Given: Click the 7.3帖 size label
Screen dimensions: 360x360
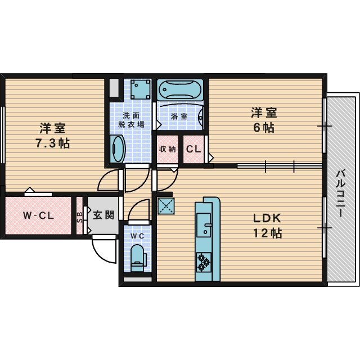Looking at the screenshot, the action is pos(52,143).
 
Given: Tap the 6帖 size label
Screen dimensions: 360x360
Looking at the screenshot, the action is pos(264,128).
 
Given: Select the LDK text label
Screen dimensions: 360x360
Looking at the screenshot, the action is pos(267,218).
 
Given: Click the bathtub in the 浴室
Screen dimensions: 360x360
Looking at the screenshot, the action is pos(180,90).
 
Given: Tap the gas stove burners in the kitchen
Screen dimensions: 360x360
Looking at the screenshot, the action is pos(204,262).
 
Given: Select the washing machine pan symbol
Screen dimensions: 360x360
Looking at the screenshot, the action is pos(140,89).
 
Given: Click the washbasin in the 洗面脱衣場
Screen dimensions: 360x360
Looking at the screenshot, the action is pos(118,149).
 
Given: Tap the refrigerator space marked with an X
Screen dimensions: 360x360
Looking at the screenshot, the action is pos(166,206).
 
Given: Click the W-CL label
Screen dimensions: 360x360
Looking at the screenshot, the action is pos(38,215).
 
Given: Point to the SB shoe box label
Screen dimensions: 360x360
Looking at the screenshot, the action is pos(79,217).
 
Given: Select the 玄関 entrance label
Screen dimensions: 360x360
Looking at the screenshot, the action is pos(103,215).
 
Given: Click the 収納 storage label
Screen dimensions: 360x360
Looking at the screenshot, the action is pos(168,149).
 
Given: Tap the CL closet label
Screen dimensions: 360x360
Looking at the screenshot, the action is pos(193,149).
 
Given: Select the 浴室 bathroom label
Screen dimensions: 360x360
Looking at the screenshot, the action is pos(179,116).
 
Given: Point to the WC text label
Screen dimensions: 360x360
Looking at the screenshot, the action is pos(137,236).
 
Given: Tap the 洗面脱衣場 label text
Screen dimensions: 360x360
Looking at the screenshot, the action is pos(131,120).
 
